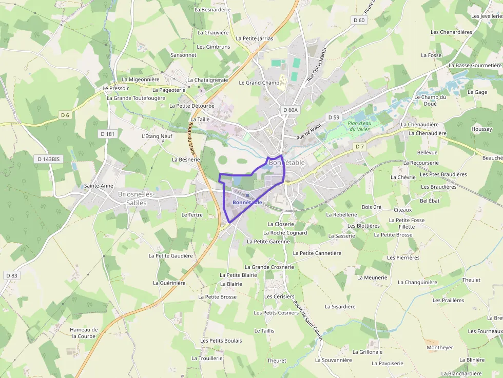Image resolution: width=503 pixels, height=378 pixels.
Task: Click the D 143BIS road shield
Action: [49, 159]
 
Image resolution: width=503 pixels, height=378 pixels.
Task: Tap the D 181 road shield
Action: [107, 133]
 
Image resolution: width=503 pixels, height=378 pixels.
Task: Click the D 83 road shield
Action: [12, 275]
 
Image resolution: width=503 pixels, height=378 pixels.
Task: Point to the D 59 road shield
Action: [334, 117]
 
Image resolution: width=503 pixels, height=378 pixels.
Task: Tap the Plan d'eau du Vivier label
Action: [359, 126]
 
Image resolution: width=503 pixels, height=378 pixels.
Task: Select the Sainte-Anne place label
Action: [99, 186]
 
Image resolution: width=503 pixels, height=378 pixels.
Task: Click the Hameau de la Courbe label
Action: [84, 333]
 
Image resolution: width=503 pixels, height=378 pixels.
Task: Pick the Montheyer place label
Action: [440, 347]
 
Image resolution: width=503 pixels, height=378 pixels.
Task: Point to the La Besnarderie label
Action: [213, 9]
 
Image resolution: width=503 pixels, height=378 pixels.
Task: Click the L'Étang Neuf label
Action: [157, 136]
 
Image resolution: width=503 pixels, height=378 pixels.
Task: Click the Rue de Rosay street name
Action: [309, 132]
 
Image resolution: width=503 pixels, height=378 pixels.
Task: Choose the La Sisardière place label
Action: [340, 307]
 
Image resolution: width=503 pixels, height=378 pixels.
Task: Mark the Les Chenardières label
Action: [451, 32]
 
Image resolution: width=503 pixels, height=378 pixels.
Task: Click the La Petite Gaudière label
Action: [171, 255]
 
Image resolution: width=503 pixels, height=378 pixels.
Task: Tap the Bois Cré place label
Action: [372, 207]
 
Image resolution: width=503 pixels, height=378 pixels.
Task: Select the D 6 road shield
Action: [65, 115]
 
